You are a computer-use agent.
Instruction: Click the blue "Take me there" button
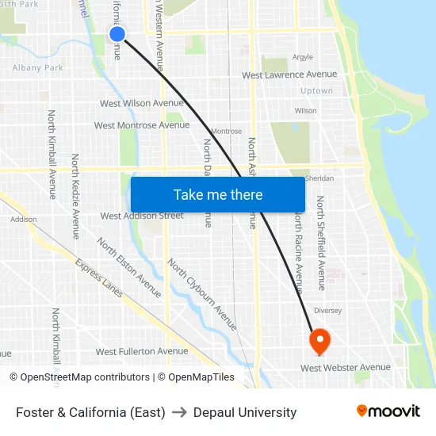pos(218,194)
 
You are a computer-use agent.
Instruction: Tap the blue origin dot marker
pos(117,33)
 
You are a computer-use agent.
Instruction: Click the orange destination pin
pos(319,342)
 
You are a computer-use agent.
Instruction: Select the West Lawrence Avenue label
pos(289,75)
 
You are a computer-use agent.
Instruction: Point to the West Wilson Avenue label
pos(142,103)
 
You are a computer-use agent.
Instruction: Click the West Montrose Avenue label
pos(142,125)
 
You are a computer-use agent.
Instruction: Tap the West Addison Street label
pos(142,216)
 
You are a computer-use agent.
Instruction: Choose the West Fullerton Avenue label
pos(142,351)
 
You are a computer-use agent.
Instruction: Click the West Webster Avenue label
pos(346,367)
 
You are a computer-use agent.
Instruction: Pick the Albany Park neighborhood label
pos(38,68)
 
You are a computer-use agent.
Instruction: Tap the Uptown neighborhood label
pos(317,91)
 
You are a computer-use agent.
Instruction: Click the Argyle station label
pos(303,57)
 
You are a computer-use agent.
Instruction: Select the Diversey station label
pos(327,311)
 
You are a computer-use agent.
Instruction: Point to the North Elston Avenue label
pos(128,268)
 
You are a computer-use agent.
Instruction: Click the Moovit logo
pos(388,411)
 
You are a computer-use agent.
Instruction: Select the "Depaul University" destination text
pos(245,412)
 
